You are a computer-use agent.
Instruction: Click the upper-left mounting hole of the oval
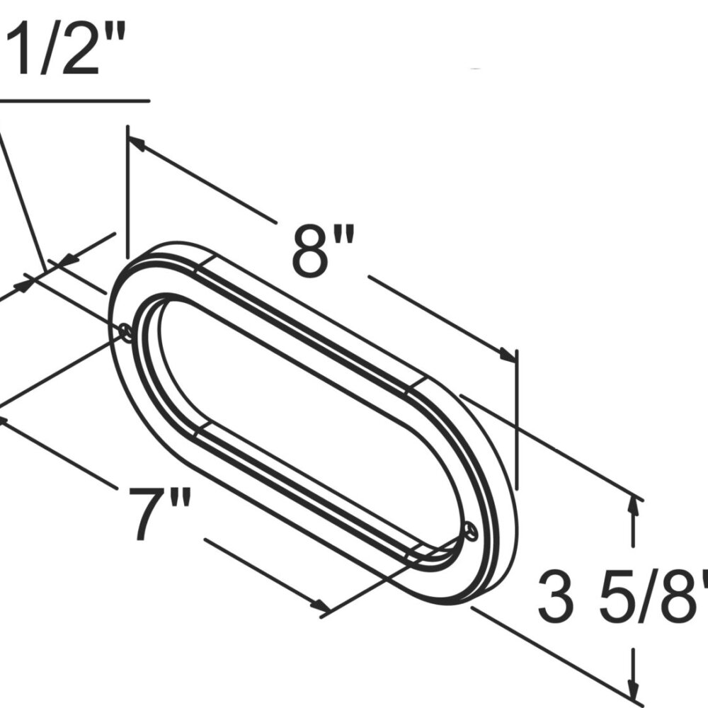[x=125, y=331]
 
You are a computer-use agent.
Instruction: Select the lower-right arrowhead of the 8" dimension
[x=508, y=355]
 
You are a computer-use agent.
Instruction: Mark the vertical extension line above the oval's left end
[x=127, y=191]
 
